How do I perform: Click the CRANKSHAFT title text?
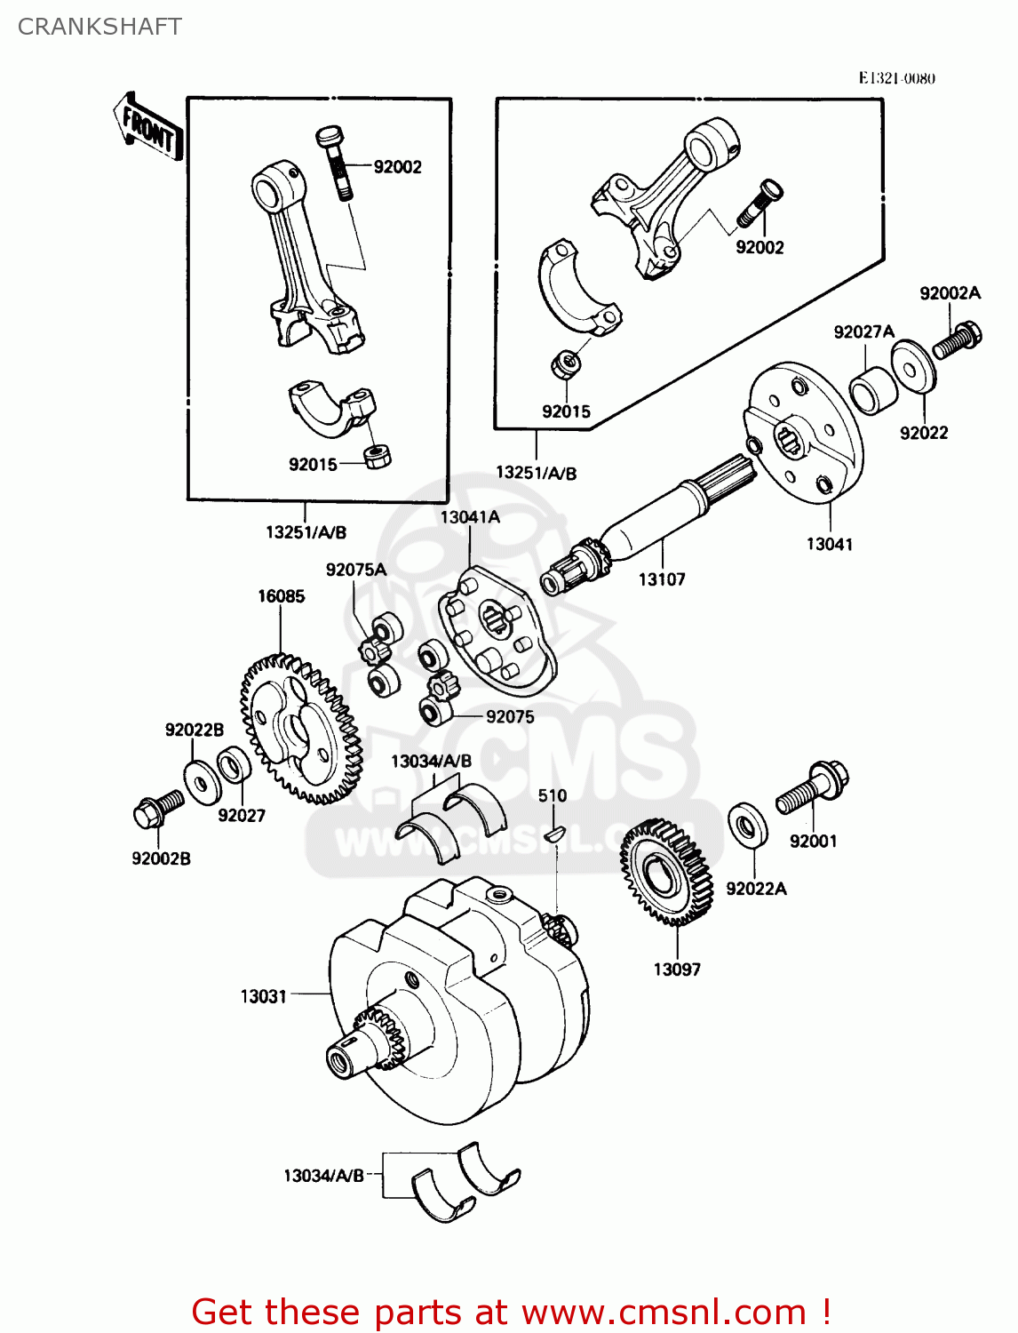(99, 27)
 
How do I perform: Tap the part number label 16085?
(281, 596)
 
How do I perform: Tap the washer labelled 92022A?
(748, 826)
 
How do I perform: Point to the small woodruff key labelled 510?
(553, 834)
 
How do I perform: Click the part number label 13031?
(263, 996)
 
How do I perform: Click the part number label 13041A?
(470, 517)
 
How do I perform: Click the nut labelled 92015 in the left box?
(378, 457)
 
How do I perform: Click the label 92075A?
(355, 570)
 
